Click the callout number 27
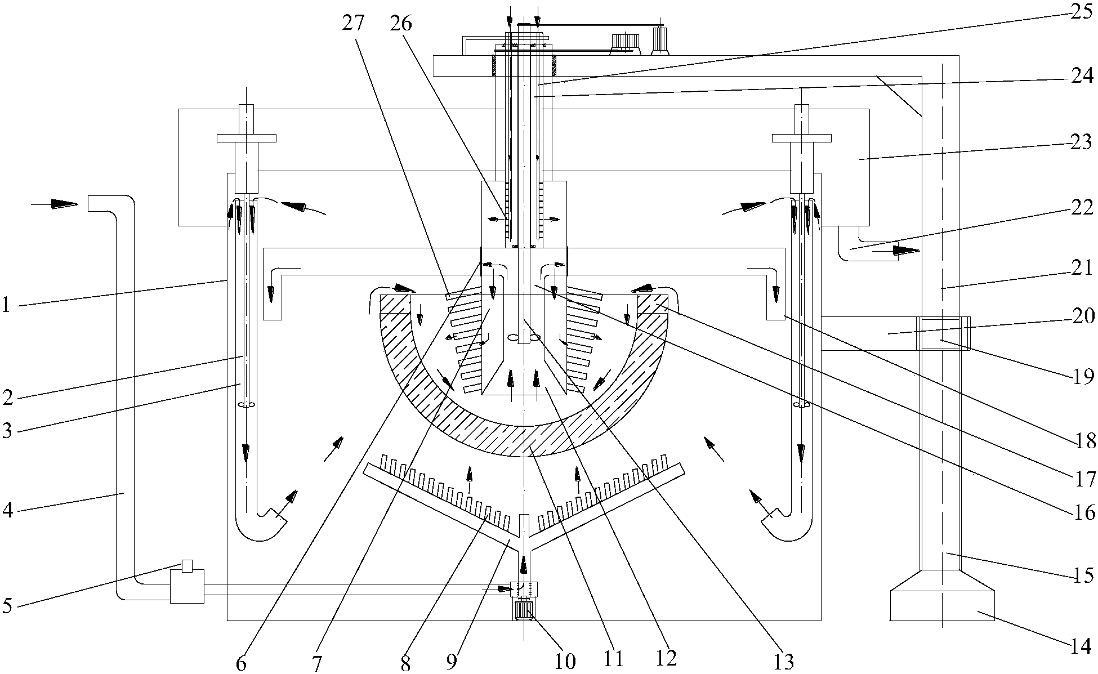pyautogui.click(x=353, y=24)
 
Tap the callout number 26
pyautogui.click(x=401, y=24)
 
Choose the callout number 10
pyautogui.click(x=565, y=660)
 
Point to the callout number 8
pyautogui.click(x=405, y=663)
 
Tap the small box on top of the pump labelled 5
pyautogui.click(x=188, y=565)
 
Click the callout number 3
pyautogui.click(x=7, y=431)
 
